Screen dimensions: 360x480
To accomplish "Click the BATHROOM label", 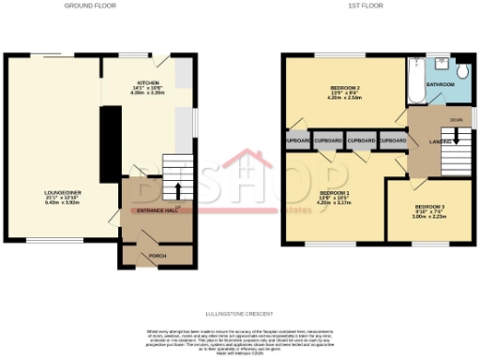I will (x=441, y=85).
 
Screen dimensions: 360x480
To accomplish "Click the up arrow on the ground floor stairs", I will (x=178, y=178).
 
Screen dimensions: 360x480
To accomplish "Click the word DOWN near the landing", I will (x=457, y=119).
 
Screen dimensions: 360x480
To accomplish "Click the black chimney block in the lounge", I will (x=109, y=141).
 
